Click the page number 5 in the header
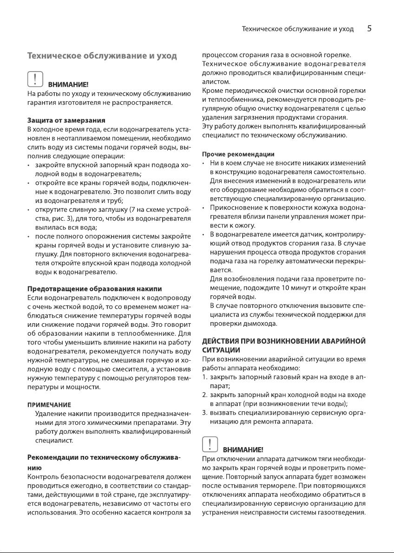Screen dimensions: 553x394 click(369, 29)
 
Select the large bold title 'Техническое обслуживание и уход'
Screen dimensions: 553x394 click(102, 56)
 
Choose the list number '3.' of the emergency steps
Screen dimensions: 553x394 click(205, 413)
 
